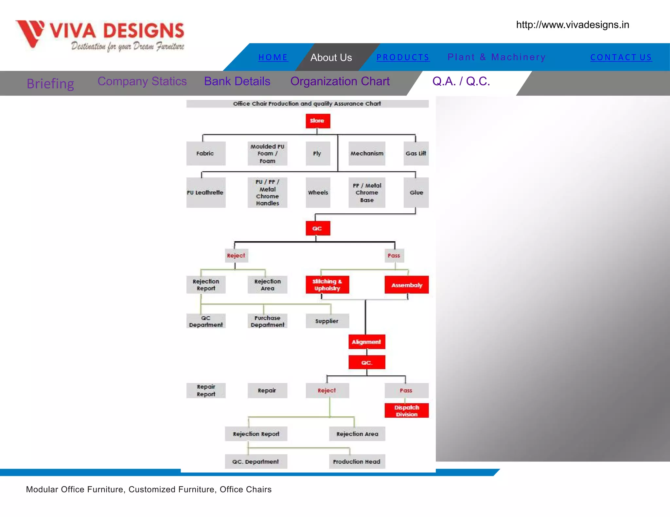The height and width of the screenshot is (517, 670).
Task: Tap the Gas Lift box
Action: [416, 153]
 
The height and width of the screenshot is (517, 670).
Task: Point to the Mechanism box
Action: [367, 153]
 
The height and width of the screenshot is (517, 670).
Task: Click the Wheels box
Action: [318, 192]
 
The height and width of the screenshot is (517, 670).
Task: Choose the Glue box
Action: [416, 192]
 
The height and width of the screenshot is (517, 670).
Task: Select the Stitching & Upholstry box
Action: [327, 285]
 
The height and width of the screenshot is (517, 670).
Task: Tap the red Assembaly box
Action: [407, 285]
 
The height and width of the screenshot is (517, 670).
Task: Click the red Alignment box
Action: [366, 342]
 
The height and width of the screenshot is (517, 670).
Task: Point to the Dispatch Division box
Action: [407, 411]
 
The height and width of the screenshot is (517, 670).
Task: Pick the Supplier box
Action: [327, 321]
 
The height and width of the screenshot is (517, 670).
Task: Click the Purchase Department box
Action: [267, 321]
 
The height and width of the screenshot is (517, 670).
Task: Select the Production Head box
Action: [357, 461]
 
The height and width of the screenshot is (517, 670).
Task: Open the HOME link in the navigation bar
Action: [273, 58]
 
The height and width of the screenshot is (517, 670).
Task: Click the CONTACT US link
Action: [621, 58]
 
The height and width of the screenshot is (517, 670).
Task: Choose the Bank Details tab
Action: [237, 81]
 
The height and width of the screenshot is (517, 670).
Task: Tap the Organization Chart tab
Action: [340, 81]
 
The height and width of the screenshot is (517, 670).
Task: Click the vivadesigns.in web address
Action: [573, 25]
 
